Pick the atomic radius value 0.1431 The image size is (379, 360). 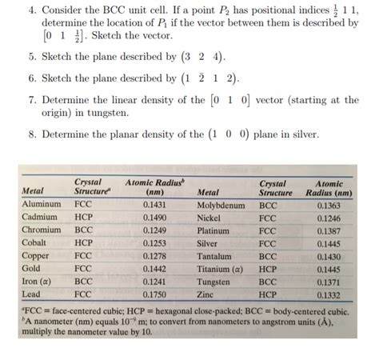click(155, 205)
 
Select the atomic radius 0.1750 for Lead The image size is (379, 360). click(155, 294)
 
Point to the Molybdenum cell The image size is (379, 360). click(221, 205)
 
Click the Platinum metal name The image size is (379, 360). click(213, 230)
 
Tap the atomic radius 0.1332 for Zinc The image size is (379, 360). click(333, 294)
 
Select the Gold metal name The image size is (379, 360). click(31, 269)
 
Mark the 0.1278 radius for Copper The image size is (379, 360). click(155, 256)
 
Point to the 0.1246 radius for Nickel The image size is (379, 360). click(333, 218)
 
